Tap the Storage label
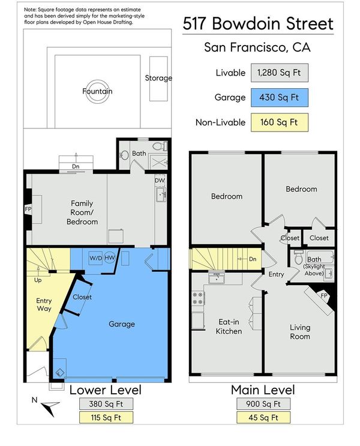pyautogui.click(x=158, y=77)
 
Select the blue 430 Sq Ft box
pyautogui.click(x=279, y=98)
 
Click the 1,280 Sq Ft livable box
pyautogui.click(x=279, y=73)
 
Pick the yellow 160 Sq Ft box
pyautogui.click(x=279, y=122)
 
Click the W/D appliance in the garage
pyautogui.click(x=95, y=258)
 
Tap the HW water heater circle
pyautogui.click(x=109, y=258)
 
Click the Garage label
pyautogui.click(x=122, y=324)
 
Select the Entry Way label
pyautogui.click(x=44, y=304)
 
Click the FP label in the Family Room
pyautogui.click(x=28, y=209)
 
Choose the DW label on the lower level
pyautogui.click(x=160, y=180)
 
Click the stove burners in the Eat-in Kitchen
pyautogui.click(x=198, y=298)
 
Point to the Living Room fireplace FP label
pyautogui.click(x=324, y=295)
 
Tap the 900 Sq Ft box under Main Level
pyautogui.click(x=263, y=404)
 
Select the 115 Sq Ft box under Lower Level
pyautogui.click(x=106, y=418)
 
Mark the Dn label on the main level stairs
pyautogui.click(x=253, y=259)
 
